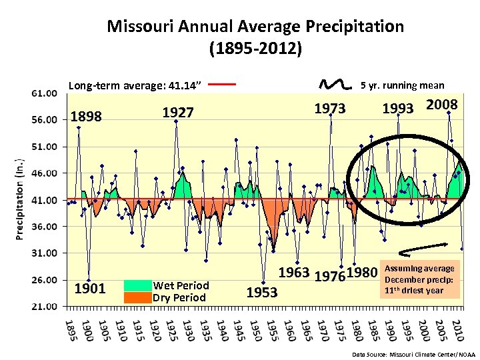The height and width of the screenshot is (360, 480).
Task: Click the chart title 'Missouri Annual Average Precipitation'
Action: pos(255,27)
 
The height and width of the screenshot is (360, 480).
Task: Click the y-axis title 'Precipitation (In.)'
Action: pos(20,199)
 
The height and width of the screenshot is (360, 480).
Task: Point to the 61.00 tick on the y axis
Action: pos(45,93)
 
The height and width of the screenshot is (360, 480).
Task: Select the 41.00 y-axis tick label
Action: pos(45,200)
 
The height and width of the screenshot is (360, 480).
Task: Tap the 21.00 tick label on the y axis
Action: pos(45,307)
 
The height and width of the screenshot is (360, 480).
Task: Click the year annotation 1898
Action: pos(86,117)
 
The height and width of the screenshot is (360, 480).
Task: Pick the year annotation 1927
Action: pos(178,113)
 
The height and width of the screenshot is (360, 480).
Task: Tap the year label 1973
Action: pos(330,108)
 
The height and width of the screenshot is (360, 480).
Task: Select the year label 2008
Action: pos(441,105)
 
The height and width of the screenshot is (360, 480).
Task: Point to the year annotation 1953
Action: pos(262,292)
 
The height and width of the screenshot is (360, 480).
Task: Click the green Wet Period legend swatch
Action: pos(137,285)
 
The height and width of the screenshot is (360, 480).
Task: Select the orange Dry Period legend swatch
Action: pos(137,297)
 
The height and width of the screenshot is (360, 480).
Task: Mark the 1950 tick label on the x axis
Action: pos(253,331)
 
